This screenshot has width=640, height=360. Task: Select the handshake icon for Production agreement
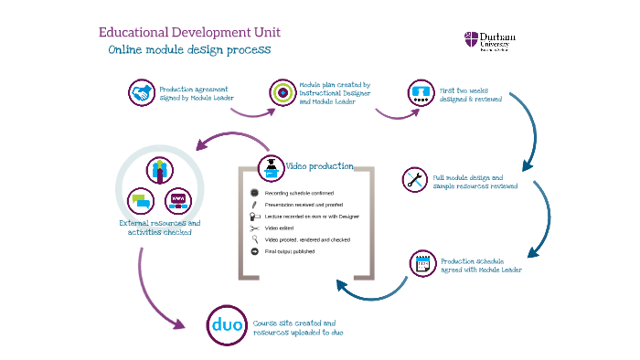[141, 93]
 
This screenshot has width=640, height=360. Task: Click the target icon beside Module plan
[282, 92]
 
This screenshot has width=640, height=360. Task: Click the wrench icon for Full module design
[415, 179]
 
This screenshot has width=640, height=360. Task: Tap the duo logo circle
[224, 325]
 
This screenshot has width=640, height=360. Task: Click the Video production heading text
[320, 166]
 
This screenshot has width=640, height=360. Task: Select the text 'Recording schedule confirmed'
[299, 194]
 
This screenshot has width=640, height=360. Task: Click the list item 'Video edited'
[282, 228]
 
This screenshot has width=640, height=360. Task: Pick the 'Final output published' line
[290, 251]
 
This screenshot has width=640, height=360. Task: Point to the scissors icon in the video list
[255, 228]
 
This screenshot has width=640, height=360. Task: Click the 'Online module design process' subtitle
[188, 50]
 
